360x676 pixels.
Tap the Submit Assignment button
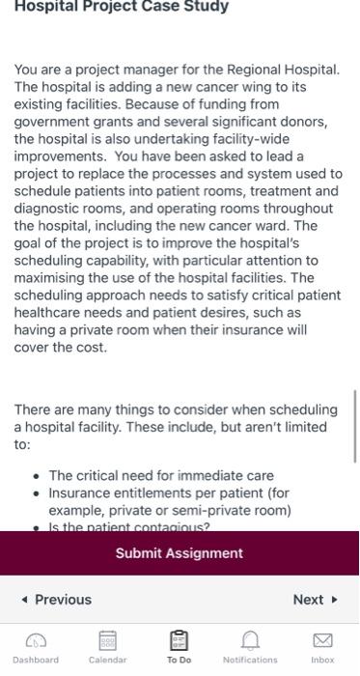tap(180, 553)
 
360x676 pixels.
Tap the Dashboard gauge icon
tap(36, 641)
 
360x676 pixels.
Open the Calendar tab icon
tap(107, 641)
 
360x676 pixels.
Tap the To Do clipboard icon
tap(179, 641)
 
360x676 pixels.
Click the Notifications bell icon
tap(250, 641)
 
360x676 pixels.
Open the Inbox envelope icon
tap(322, 641)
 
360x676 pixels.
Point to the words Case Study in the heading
tap(194, 7)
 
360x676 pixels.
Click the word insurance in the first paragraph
tap(249, 330)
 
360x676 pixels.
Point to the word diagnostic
tap(48, 209)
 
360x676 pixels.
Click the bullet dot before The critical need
tap(37, 476)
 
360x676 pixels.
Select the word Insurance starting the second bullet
tap(81, 493)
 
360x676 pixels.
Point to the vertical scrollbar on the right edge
tap(355, 420)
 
